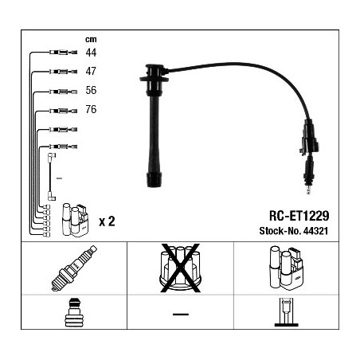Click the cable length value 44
coord(91,53)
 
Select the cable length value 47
coord(91,71)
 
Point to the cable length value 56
coord(91,90)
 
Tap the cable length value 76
coord(91,109)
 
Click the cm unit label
coord(91,39)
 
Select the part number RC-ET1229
coord(299,216)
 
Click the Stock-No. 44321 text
coord(294,231)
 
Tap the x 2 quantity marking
coord(107,221)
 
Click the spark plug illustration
coord(74,268)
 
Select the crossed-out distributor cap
coord(180,268)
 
